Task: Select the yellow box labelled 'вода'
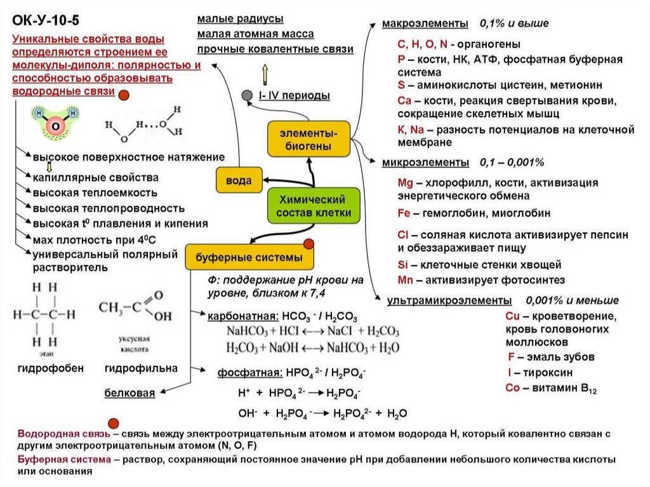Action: click(235, 181)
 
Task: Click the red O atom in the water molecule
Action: click(56, 126)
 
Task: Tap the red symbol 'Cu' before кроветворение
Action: click(513, 316)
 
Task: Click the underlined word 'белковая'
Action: click(129, 393)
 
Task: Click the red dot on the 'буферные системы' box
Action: click(310, 244)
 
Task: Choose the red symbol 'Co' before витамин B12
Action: click(513, 389)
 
